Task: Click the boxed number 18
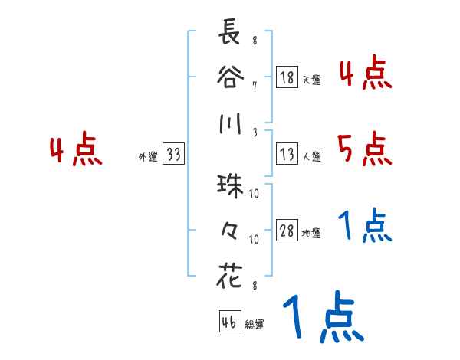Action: point(287,77)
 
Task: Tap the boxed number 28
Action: point(287,231)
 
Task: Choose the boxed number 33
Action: point(173,155)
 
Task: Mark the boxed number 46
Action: point(228,322)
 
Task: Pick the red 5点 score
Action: point(365,149)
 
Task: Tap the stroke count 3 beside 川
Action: point(255,132)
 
